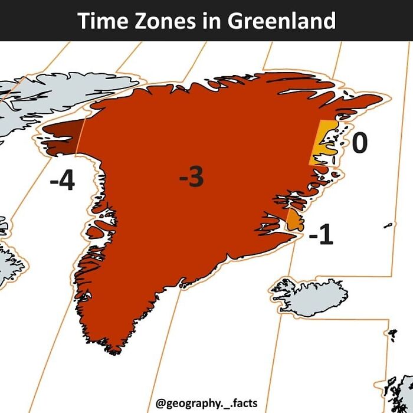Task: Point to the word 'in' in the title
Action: [x=207, y=21]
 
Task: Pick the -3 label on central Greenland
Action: [x=192, y=177]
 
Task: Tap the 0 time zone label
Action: [x=359, y=143]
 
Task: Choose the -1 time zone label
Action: [x=321, y=236]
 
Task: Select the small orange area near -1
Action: [x=294, y=221]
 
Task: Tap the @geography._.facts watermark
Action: [x=206, y=404]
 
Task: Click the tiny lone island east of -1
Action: [x=388, y=225]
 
